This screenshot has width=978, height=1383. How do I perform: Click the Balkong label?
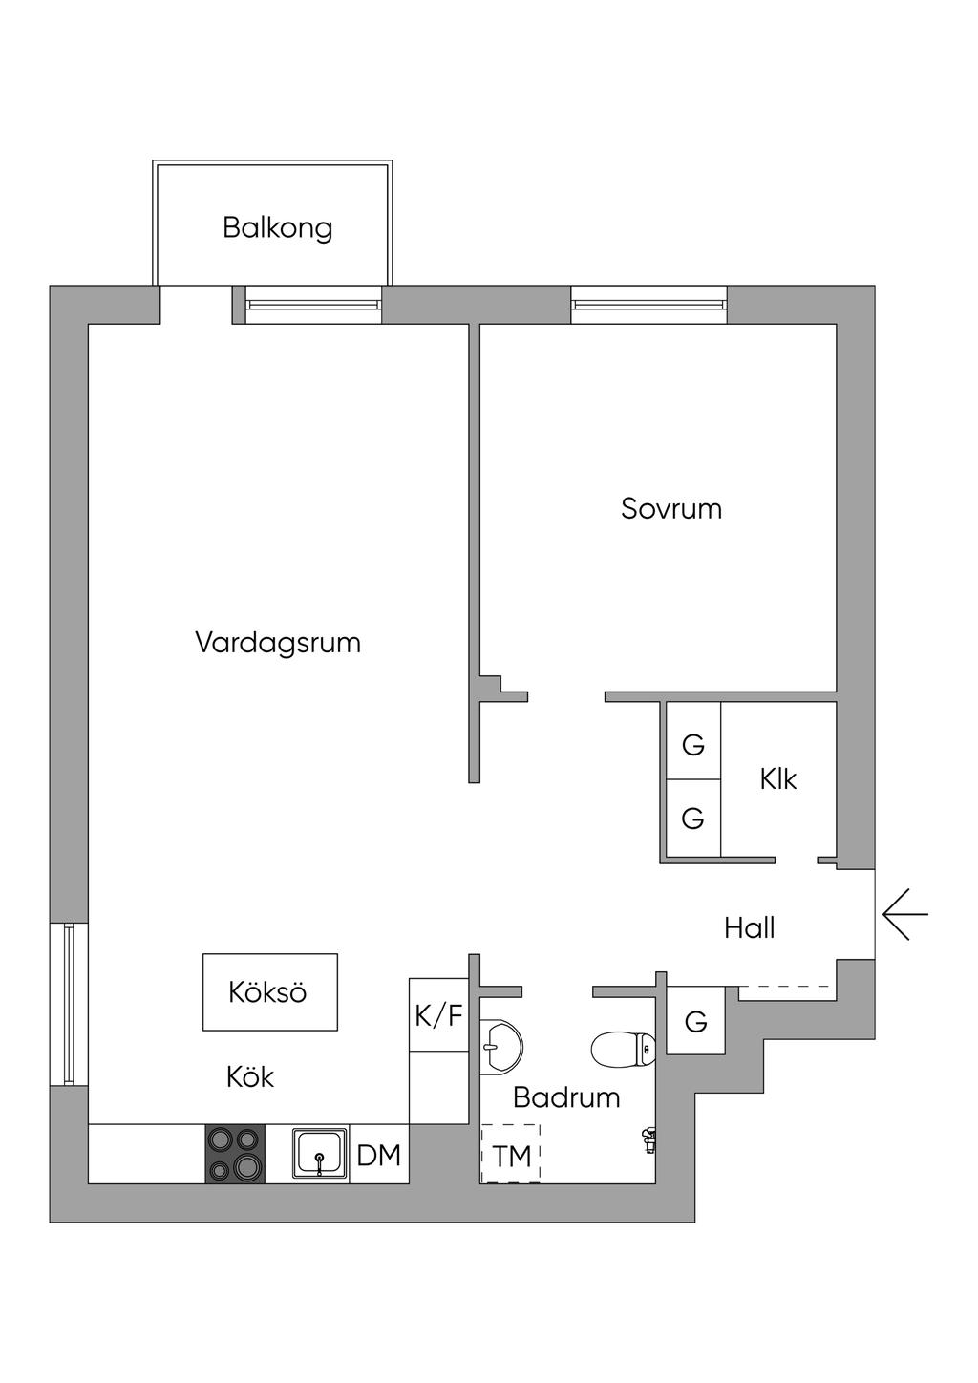[277, 228]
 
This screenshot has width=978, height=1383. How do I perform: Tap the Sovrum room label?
[671, 509]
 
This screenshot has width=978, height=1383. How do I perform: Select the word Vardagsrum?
[278, 643]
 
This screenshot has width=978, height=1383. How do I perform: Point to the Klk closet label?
[778, 779]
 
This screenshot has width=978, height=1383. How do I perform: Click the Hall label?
[750, 928]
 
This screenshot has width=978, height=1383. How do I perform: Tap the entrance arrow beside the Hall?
[905, 914]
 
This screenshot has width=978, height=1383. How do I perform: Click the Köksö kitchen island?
[270, 991]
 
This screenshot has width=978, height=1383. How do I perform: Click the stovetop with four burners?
[235, 1154]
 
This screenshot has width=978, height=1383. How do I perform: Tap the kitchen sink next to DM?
[319, 1155]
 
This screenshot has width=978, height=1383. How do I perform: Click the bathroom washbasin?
[501, 1045]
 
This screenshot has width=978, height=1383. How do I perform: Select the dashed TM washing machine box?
[511, 1154]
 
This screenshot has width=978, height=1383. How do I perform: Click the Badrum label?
[566, 1097]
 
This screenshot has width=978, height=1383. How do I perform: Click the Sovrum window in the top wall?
[648, 305]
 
